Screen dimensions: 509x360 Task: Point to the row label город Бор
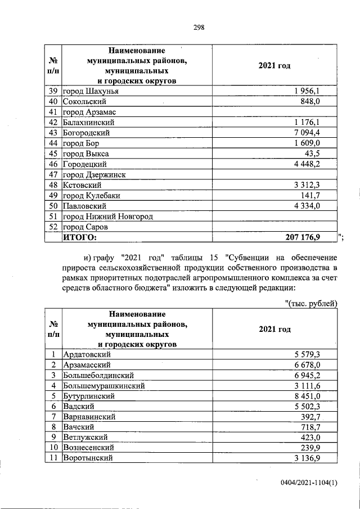[82, 143]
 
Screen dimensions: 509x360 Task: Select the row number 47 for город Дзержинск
[54, 174]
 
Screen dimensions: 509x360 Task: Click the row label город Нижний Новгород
[108, 217]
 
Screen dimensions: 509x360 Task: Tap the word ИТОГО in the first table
[79, 238]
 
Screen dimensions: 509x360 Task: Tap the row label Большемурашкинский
[104, 386]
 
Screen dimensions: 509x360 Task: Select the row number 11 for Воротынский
[53, 458]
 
